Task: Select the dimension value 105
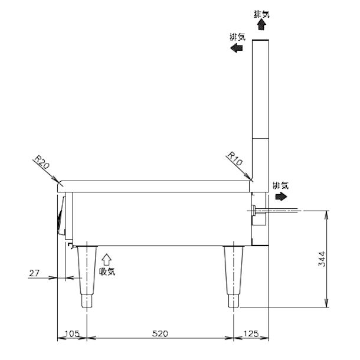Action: click(71, 334)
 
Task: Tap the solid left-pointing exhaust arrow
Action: click(237, 48)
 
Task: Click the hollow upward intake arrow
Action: click(107, 258)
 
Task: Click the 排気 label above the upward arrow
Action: click(260, 13)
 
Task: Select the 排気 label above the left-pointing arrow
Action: click(237, 37)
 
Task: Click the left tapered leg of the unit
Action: click(87, 274)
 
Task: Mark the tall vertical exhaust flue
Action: click(260, 106)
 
